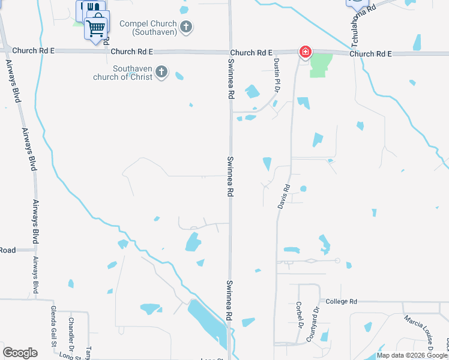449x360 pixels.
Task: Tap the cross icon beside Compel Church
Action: pos(186,26)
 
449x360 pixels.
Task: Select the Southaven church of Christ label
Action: pos(122,73)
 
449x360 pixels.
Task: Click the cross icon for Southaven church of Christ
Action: pos(161,72)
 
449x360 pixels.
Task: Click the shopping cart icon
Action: pos(96,26)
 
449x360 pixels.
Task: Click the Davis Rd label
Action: pos(284,196)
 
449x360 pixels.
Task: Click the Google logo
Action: pos(20,353)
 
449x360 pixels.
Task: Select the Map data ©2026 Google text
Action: pos(412,355)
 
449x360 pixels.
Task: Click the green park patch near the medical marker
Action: pos(321,65)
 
